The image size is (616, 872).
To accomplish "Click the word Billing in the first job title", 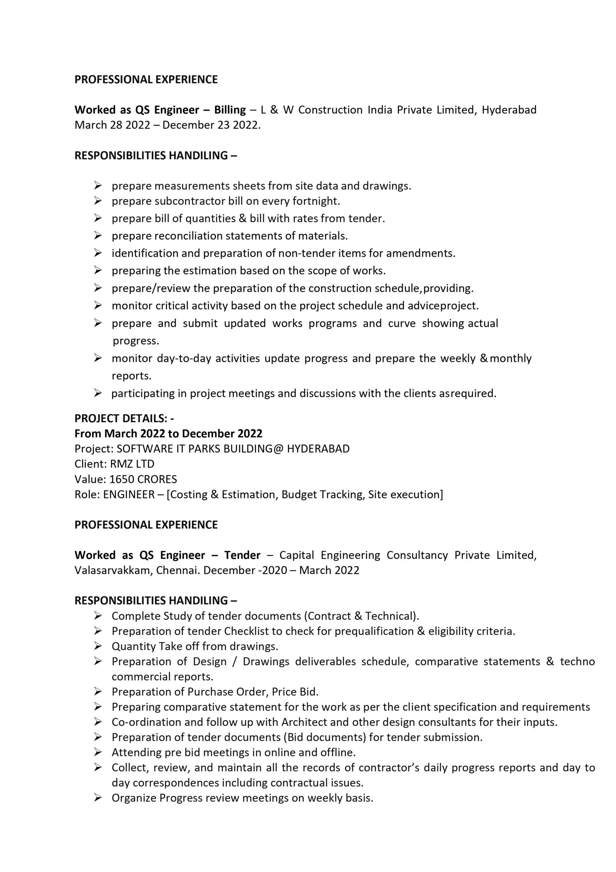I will [230, 110].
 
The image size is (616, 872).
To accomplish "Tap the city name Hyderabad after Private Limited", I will [509, 110].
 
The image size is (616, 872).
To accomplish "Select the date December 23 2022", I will [211, 125].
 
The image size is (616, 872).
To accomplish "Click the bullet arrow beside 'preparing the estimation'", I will [98, 270].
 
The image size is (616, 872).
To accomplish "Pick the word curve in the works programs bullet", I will [402, 324].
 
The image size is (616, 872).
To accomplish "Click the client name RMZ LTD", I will [132, 464].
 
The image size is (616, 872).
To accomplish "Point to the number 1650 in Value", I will [120, 479].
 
